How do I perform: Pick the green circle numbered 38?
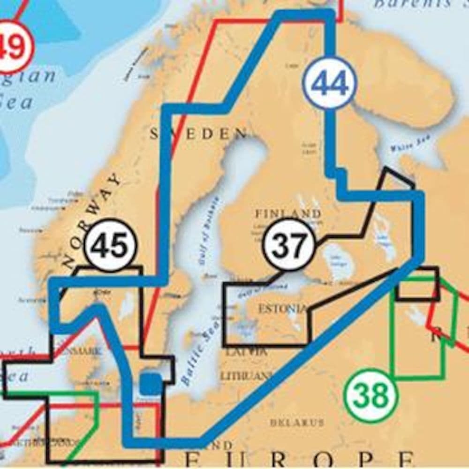coord(371,396)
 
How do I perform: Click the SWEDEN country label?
coord(198,134)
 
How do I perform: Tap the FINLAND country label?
coord(288,214)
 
